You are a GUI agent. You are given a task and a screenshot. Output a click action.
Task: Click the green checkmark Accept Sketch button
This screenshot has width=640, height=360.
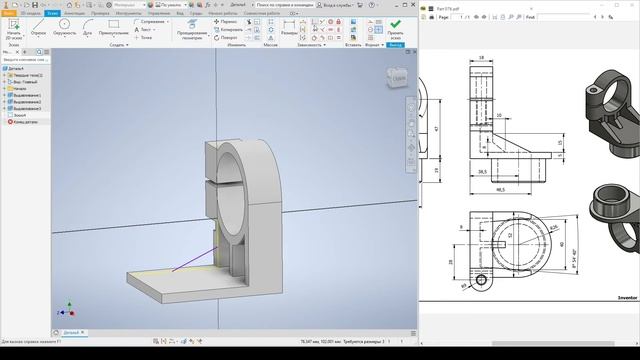point(395,25)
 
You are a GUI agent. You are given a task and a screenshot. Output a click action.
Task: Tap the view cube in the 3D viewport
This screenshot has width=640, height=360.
point(398,77)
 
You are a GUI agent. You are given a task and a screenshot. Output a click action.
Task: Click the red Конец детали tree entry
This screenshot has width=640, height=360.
point(24,121)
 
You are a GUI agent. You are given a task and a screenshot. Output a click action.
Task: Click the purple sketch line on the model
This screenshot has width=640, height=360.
point(190,260)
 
